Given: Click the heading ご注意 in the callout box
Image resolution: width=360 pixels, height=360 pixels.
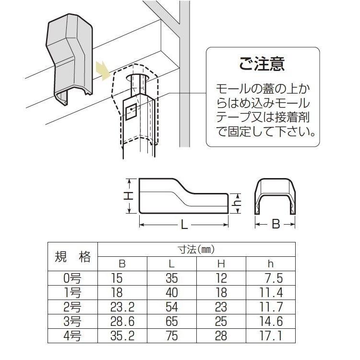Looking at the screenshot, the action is (262, 64).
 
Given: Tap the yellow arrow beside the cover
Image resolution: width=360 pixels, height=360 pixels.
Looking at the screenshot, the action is (102, 71).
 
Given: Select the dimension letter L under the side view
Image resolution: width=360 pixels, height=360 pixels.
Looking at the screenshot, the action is (183, 224).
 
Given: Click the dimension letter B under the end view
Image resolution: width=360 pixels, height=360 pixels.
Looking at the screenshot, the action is (276, 224).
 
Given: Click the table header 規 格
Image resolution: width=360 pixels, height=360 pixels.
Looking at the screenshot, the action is (73, 257).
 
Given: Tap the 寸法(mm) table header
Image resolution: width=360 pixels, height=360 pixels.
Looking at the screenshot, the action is (197, 250).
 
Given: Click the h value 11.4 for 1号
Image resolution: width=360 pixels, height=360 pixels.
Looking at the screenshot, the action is (272, 292).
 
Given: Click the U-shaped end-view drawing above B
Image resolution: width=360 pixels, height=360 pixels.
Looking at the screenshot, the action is (276, 197).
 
